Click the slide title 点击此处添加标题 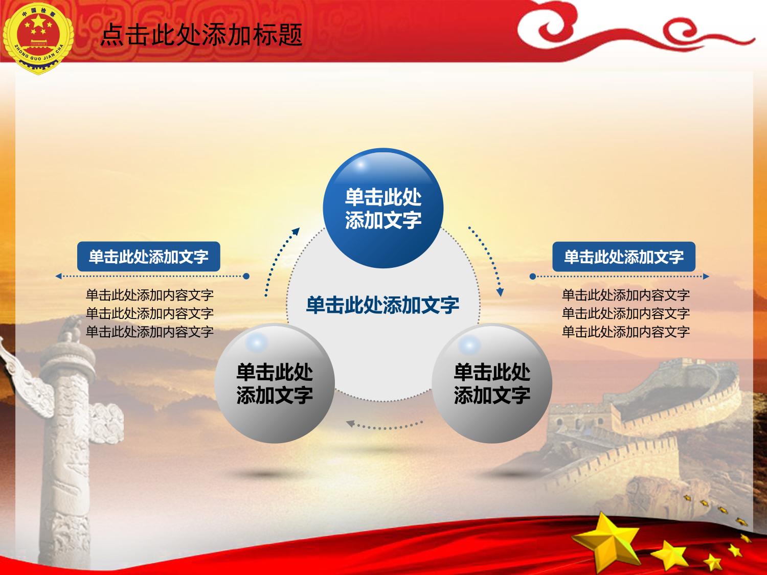[201, 35]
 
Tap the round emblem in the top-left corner [38, 38]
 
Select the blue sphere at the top [383, 209]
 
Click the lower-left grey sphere [275, 383]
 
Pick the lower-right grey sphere [492, 383]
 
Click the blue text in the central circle [382, 305]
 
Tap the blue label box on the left [148, 257]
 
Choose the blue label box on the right [624, 257]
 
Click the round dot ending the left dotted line [246, 276]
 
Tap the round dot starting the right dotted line [532, 277]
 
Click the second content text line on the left [149, 313]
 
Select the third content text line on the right [626, 332]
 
